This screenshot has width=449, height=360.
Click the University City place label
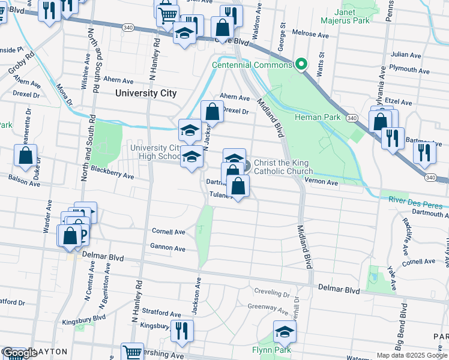(146, 93)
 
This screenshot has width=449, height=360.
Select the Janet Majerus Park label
(352, 16)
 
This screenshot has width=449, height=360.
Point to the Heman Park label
(318, 117)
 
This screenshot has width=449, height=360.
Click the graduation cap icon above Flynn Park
(285, 331)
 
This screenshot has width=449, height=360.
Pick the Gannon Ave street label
(168, 248)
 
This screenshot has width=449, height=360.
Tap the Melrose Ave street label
(310, 34)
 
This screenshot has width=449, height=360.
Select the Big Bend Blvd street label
(400, 327)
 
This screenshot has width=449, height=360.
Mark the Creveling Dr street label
(272, 294)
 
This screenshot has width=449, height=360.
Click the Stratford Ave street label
(160, 314)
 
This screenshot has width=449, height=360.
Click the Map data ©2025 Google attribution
(411, 355)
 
